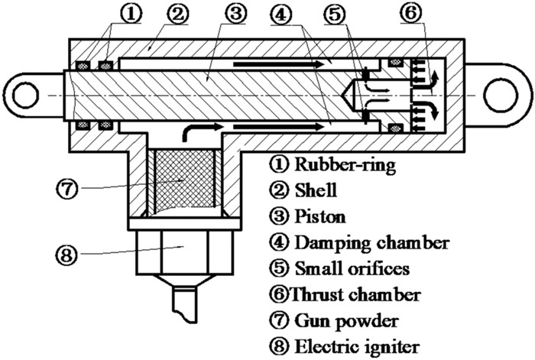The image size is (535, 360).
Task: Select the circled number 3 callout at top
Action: point(236,13)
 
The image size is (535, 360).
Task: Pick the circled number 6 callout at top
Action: point(429,13)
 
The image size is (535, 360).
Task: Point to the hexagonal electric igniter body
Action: point(181,250)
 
